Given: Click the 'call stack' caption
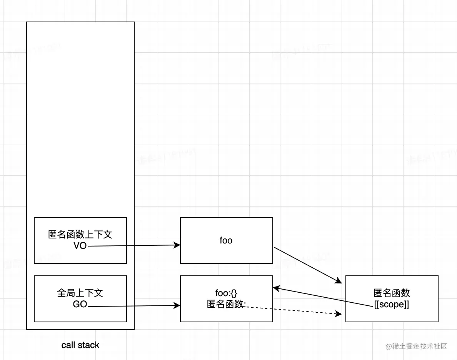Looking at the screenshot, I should click(80, 345).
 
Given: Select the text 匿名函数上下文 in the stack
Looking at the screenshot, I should click(80, 235).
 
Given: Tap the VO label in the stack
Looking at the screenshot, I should click(80, 246).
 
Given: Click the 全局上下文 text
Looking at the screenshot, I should click(80, 293).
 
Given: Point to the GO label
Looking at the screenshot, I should click(80, 305).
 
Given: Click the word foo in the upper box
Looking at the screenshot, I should click(226, 240).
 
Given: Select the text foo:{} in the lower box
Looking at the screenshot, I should click(226, 293).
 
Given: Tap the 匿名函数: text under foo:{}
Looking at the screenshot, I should click(226, 304).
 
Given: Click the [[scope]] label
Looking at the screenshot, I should click(392, 305).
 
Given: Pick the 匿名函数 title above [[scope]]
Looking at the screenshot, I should click(392, 293).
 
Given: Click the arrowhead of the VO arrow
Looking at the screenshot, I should click(178, 245).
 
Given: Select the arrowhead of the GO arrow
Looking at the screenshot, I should click(178, 306).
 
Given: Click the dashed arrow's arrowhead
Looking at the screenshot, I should click(339, 314).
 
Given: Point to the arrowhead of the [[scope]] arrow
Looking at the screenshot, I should click(276, 288).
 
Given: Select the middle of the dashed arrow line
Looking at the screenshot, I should click(292, 310).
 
